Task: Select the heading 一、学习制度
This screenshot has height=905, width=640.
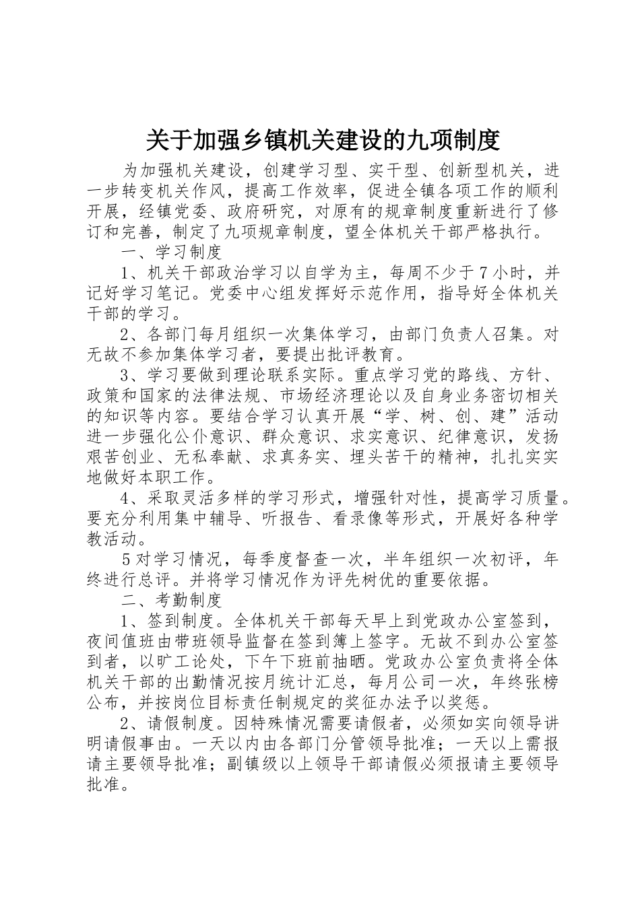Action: pos(172,253)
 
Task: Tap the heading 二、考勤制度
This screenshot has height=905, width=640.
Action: pos(172,599)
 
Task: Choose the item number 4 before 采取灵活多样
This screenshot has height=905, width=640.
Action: pos(125,498)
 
